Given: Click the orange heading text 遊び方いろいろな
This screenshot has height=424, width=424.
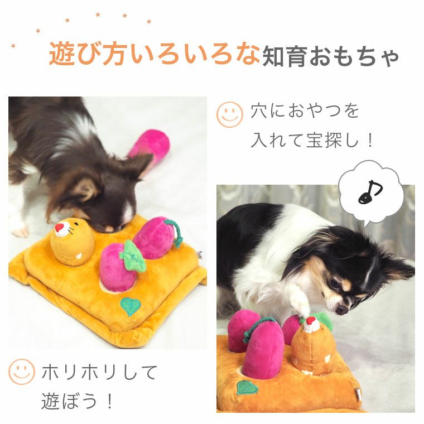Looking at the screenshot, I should click(154, 54).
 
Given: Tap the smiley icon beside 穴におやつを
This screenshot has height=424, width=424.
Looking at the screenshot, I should click(230, 114).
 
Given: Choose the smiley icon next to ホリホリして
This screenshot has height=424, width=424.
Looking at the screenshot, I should click(22, 371).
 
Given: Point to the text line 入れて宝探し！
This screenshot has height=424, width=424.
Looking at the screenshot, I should click(312, 140).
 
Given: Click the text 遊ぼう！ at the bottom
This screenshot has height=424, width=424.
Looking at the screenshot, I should click(78, 401).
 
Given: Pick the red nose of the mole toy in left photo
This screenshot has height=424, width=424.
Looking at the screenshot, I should click(59, 227).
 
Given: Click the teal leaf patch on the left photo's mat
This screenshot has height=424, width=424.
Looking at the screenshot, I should click(131, 306).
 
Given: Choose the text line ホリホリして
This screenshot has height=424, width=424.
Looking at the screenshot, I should click(100, 372).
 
